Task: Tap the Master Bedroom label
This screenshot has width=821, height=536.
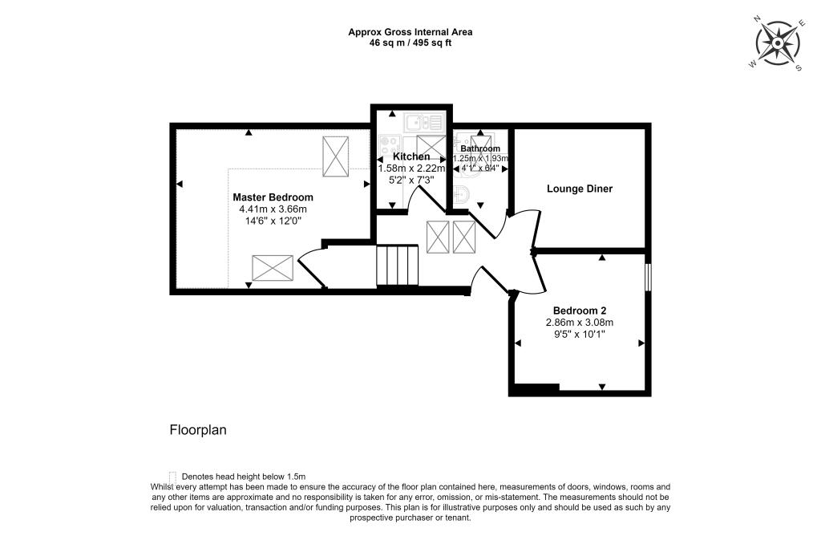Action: tap(273, 197)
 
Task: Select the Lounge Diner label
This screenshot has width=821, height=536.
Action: tap(580, 189)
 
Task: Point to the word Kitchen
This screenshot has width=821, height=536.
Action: tap(410, 156)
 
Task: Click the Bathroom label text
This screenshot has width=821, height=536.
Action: tap(480, 149)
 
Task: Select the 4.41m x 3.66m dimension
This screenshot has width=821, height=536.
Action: tap(273, 209)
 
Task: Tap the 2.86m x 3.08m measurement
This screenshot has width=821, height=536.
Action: tap(579, 323)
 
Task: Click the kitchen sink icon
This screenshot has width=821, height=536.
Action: tap(423, 123)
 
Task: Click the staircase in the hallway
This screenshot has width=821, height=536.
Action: tap(398, 265)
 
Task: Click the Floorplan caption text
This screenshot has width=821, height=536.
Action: tap(198, 430)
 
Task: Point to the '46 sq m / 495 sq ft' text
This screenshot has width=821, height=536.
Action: tap(410, 43)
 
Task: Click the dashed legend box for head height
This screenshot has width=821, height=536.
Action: tap(172, 476)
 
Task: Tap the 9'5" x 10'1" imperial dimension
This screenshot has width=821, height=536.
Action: tap(579, 335)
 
